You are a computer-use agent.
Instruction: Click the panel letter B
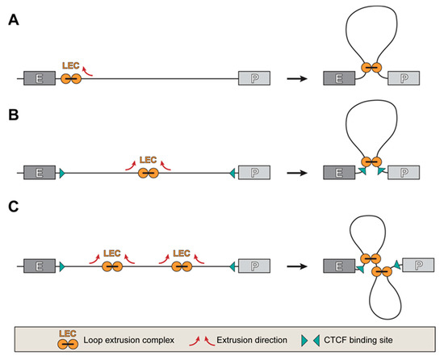point(14,118)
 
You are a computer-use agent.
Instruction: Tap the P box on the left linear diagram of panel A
point(254,78)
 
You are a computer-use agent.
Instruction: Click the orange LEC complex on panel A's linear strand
point(70,78)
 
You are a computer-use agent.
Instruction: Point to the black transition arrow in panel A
point(296,78)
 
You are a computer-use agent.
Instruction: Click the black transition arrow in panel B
point(296,172)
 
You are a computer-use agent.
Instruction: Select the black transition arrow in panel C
point(296,265)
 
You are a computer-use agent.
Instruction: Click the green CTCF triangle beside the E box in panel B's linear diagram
point(62,172)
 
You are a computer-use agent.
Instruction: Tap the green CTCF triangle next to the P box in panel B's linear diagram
point(233,172)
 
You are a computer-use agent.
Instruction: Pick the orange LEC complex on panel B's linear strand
point(148,172)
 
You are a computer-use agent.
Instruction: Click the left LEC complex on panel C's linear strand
point(112,265)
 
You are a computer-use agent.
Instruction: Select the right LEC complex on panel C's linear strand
point(182,265)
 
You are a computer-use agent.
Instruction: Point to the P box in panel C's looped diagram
point(417,265)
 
